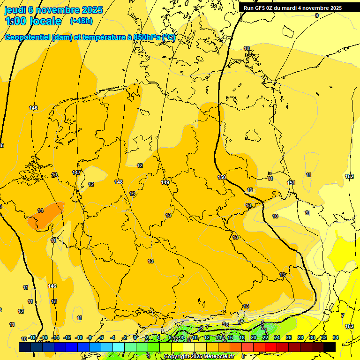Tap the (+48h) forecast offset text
81,21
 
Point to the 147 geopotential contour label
76,172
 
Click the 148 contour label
119,182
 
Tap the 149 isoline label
165,182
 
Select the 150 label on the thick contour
222,177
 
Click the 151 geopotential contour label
291,183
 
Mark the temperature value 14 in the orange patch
40,210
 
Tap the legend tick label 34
335,337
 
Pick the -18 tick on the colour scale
32,337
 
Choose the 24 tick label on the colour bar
277,337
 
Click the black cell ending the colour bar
330,347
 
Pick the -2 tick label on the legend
124,337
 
